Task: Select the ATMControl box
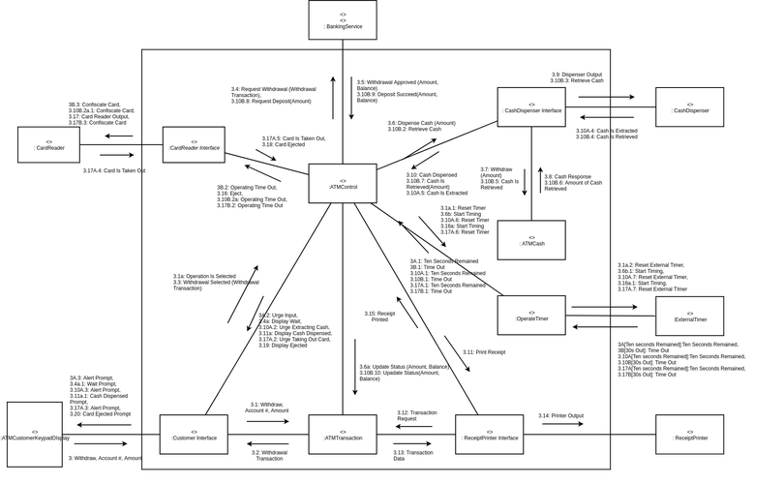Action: point(343,184)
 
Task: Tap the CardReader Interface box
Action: point(194,145)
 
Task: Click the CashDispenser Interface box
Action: point(531,107)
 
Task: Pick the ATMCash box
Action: point(531,240)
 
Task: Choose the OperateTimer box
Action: point(531,316)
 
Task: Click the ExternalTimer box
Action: point(689,317)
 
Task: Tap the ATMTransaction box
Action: point(343,435)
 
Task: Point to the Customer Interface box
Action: point(194,435)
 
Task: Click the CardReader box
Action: point(48,145)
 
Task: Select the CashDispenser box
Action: point(689,108)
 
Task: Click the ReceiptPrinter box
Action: point(689,435)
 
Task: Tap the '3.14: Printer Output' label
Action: point(561,415)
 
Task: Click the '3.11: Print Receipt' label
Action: point(484,352)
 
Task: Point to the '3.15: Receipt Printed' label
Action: point(379,317)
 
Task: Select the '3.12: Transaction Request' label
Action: point(417,415)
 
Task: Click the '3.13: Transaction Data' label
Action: point(413,456)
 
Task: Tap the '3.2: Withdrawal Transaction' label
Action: point(269,455)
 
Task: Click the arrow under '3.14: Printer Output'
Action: point(561,424)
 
